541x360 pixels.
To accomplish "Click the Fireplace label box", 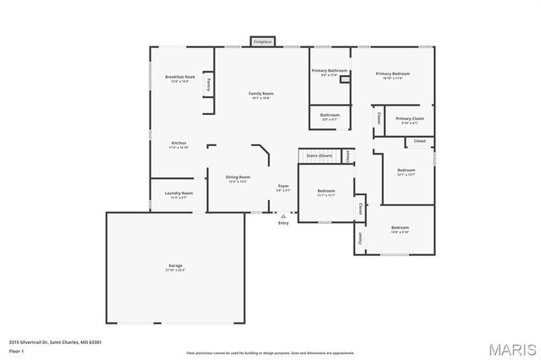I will coord(262,41).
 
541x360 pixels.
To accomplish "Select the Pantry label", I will coord(209,84).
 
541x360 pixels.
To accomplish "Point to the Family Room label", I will coord(260,94).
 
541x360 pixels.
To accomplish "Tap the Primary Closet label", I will coord(409,119).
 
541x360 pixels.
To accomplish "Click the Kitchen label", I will coord(179,144).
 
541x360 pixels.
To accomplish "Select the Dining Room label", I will coord(238,154).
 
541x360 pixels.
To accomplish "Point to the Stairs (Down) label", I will coord(319,155).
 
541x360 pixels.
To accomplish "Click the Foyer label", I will coord(284,187).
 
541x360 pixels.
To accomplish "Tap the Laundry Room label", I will coord(178,194).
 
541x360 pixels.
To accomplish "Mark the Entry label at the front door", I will coord(283,222).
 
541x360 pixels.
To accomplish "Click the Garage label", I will coord(175,266).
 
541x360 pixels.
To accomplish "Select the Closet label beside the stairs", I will coord(347,155).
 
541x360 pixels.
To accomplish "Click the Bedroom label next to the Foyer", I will coord(325,192).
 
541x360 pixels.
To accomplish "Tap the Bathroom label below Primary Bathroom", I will coord(330,115).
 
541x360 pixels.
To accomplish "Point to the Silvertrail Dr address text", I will coord(55,342).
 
